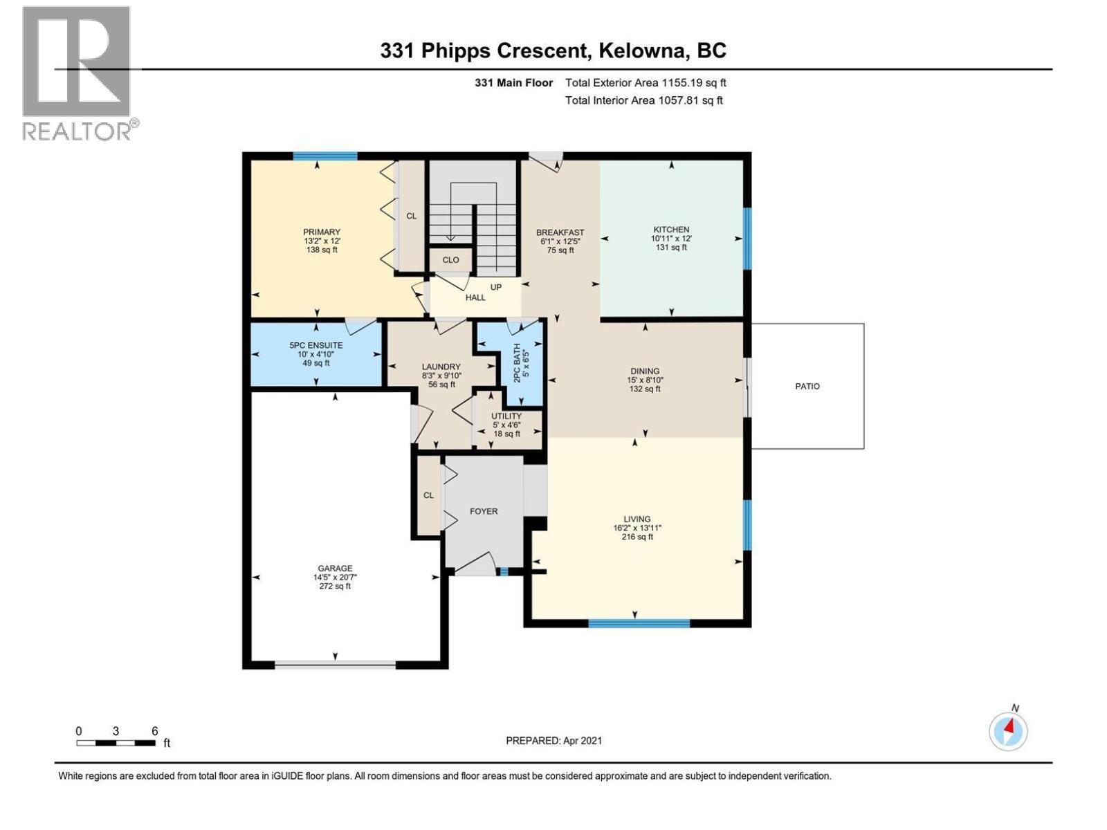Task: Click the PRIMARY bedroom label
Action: (322, 232)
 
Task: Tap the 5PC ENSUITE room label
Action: (316, 345)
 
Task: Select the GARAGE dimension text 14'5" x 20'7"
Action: (335, 578)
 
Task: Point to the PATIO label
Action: (807, 387)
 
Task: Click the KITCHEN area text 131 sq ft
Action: (671, 248)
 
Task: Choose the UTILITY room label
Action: (506, 416)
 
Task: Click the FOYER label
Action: (484, 512)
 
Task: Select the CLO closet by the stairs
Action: (450, 260)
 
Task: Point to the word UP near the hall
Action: (496, 287)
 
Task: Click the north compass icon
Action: (1008, 730)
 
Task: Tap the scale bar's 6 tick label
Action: (155, 731)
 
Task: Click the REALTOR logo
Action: (77, 73)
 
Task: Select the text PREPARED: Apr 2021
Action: (553, 741)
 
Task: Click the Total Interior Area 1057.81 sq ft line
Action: (643, 100)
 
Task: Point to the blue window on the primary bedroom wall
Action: (324, 156)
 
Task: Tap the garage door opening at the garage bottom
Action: (336, 665)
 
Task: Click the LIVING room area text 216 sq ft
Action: (637, 537)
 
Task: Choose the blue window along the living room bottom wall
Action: (639, 623)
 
